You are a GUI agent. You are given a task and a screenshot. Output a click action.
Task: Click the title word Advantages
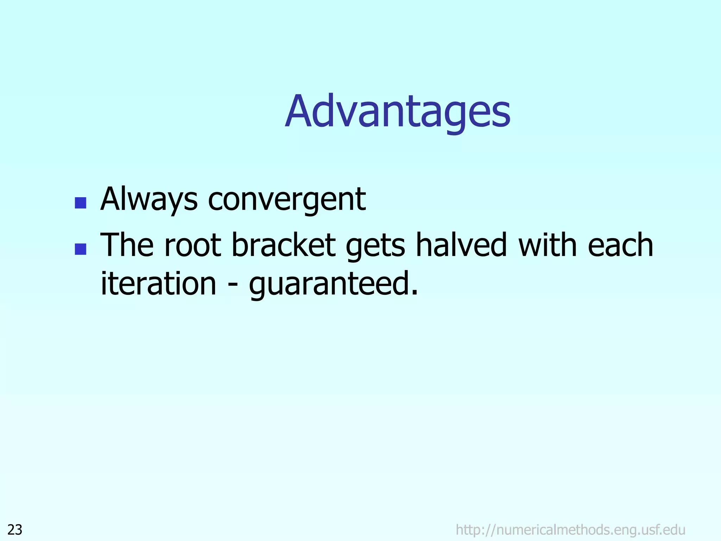click(398, 112)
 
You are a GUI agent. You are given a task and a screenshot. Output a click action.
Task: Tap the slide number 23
click(15, 530)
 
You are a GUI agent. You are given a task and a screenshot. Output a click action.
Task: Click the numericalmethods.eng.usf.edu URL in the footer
click(570, 530)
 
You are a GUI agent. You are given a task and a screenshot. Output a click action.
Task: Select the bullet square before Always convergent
click(81, 203)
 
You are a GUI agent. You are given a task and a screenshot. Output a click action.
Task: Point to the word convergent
click(287, 200)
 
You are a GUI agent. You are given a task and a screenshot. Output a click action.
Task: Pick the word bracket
click(284, 245)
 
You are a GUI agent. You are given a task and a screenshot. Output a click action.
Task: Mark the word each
click(620, 245)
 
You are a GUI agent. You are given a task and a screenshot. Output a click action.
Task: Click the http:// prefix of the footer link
click(476, 530)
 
